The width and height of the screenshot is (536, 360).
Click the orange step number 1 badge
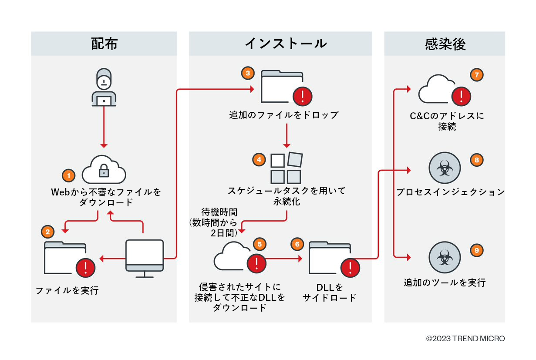pyautogui.click(x=68, y=176)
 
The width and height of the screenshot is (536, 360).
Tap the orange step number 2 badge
pyautogui.click(x=47, y=231)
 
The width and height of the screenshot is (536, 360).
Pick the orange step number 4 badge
pyautogui.click(x=259, y=160)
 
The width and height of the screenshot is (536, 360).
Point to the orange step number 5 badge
pyautogui.click(x=260, y=244)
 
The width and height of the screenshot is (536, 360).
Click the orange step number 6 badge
pyautogui.click(x=297, y=244)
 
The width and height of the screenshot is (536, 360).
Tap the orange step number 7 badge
pyautogui.click(x=477, y=75)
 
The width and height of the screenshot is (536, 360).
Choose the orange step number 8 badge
pyautogui.click(x=477, y=160)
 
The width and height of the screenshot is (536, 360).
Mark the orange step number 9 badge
pyautogui.click(x=477, y=250)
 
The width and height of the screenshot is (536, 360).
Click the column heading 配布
pyautogui.click(x=104, y=44)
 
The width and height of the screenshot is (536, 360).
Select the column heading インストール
pyautogui.click(x=280, y=44)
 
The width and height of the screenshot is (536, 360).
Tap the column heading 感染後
pyautogui.click(x=445, y=44)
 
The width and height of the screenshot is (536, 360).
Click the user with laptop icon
pyautogui.click(x=104, y=87)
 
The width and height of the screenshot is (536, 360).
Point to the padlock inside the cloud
pyautogui.click(x=104, y=172)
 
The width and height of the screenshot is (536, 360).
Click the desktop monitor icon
pyautogui.click(x=145, y=258)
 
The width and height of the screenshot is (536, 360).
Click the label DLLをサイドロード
pyautogui.click(x=329, y=293)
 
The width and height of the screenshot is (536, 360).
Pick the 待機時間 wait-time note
pyautogui.click(x=213, y=222)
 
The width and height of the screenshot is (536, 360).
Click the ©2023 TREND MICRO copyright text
pyautogui.click(x=465, y=338)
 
